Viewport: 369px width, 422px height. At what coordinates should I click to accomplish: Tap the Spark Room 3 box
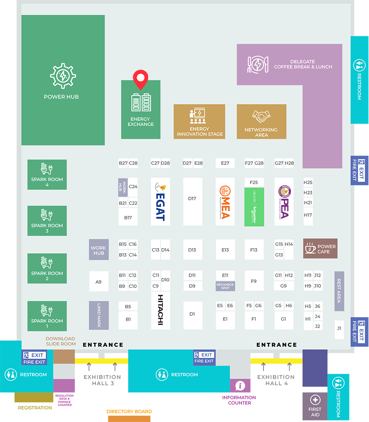(47, 221)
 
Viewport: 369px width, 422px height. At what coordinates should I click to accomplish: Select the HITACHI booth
(160, 310)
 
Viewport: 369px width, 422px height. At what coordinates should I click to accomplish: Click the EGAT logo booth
(160, 202)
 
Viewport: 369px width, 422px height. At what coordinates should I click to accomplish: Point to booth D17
(192, 202)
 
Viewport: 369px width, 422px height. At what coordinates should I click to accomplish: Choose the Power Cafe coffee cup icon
(310, 249)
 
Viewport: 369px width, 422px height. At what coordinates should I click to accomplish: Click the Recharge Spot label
(225, 286)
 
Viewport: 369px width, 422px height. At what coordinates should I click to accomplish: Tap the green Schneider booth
(254, 207)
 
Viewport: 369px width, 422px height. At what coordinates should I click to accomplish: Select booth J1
(339, 329)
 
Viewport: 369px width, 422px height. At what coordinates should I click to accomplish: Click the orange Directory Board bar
(129, 418)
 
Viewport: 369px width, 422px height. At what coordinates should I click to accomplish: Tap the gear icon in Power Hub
(63, 75)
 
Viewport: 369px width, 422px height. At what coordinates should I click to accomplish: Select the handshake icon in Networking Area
(261, 116)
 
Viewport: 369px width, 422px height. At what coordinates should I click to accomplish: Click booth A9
(99, 282)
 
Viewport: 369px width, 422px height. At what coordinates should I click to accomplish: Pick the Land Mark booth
(99, 315)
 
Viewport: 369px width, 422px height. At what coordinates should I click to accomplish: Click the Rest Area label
(339, 291)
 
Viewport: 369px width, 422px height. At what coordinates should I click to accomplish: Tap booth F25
(254, 182)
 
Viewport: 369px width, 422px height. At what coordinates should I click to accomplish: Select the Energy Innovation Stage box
(200, 122)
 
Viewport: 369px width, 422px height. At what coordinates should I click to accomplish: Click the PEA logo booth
(284, 202)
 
